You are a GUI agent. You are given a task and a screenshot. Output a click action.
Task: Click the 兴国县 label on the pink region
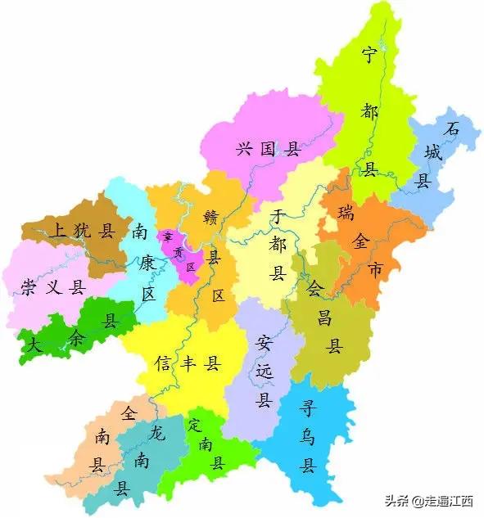coord(269,150)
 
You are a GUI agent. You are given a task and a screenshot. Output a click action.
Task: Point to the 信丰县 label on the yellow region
coord(188,363)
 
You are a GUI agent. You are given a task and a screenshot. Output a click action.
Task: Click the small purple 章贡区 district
coord(179,252)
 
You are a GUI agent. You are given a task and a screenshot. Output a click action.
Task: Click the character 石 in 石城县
coord(450,129)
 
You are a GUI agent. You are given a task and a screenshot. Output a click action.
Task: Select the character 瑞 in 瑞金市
coord(346,214)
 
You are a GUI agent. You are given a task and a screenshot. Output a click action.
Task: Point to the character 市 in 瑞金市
coord(375,269)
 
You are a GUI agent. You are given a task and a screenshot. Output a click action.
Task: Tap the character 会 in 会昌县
coord(315,288)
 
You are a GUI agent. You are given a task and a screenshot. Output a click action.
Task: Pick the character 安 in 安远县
coord(264,341)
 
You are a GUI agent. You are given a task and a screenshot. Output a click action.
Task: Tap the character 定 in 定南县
coord(194,425)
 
